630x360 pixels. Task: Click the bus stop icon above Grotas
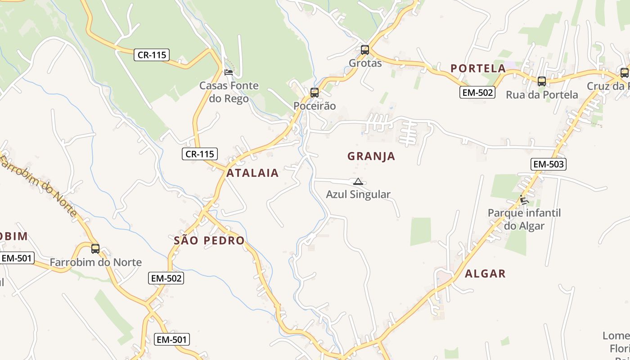coord(365,49)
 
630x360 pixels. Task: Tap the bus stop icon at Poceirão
coord(315,93)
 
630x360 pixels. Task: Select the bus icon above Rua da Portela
coord(542,81)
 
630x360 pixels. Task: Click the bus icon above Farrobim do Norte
coord(95,248)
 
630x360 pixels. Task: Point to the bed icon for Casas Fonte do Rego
coord(229,72)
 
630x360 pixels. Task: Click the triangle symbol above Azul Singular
coord(358,182)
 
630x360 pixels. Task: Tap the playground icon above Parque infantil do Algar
coord(523,199)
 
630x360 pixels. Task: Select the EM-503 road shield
coord(548,164)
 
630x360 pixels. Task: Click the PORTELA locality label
coord(478,68)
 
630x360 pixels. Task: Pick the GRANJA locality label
coord(371,156)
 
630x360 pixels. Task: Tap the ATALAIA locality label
coord(252,173)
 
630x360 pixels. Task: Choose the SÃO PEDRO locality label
coord(209,240)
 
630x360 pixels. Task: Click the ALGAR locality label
coord(485,274)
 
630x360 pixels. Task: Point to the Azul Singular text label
coord(358,194)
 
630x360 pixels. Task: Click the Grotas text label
coord(365,63)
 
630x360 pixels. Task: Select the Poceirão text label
coord(315,106)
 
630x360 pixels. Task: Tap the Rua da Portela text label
coord(542,95)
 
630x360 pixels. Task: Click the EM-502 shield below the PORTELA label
coord(477,93)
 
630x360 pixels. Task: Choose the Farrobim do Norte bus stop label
coord(95,262)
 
